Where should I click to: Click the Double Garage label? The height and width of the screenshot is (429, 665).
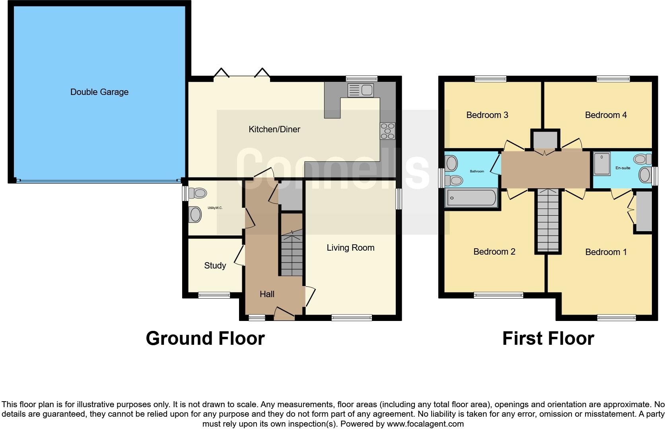pyautogui.click(x=99, y=92)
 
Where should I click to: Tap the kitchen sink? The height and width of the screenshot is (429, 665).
pyautogui.click(x=360, y=90)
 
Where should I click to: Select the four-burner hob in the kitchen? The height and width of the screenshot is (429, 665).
pyautogui.click(x=388, y=131)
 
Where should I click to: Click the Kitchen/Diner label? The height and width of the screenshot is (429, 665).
pyautogui.click(x=274, y=129)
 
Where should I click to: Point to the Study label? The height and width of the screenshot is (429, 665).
pyautogui.click(x=215, y=265)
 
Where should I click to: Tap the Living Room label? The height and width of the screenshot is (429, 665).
pyautogui.click(x=350, y=248)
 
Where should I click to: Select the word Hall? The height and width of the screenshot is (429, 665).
pyautogui.click(x=267, y=294)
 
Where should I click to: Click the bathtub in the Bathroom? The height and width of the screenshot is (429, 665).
pyautogui.click(x=472, y=197)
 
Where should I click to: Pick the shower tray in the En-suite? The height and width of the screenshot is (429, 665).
pyautogui.click(x=602, y=163)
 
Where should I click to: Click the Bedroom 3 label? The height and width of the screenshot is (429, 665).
pyautogui.click(x=487, y=115)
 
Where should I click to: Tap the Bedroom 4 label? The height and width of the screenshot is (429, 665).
pyautogui.click(x=606, y=115)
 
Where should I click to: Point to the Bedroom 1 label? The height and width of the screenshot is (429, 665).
pyautogui.click(x=606, y=252)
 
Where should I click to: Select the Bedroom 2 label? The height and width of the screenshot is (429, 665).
pyautogui.click(x=494, y=252)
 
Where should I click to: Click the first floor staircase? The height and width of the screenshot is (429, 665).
pyautogui.click(x=548, y=220)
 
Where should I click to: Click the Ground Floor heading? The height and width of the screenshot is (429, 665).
pyautogui.click(x=205, y=338)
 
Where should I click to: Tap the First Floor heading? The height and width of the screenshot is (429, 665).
pyautogui.click(x=548, y=338)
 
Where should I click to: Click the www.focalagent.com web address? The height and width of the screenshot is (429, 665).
pyautogui.click(x=425, y=424)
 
